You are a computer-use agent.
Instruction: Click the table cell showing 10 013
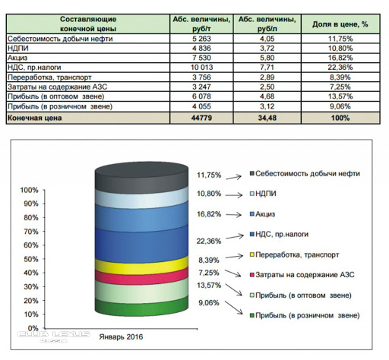[201, 68]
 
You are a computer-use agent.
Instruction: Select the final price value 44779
[201, 118]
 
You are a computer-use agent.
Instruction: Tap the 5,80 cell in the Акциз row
[267, 58]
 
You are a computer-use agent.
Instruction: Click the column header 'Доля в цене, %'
[340, 24]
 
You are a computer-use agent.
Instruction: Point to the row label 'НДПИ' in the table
[18, 48]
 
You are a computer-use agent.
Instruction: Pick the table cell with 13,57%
[340, 96]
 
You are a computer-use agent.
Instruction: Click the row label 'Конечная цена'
[35, 118]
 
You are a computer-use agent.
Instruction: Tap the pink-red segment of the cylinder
[141, 277]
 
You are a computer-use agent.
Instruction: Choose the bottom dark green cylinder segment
[141, 307]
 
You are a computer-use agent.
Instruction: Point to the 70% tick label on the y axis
[31, 232]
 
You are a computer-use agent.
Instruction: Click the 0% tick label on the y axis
[33, 328]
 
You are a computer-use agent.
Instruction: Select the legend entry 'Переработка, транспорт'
[294, 254]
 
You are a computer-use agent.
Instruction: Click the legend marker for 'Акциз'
[252, 214]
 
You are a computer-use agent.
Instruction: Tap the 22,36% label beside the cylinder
[209, 241]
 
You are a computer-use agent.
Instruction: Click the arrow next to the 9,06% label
[233, 308]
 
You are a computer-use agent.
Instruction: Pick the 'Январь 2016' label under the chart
[121, 336]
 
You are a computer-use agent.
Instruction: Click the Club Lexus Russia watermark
[54, 336]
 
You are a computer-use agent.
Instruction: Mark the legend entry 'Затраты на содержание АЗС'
[302, 275]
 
